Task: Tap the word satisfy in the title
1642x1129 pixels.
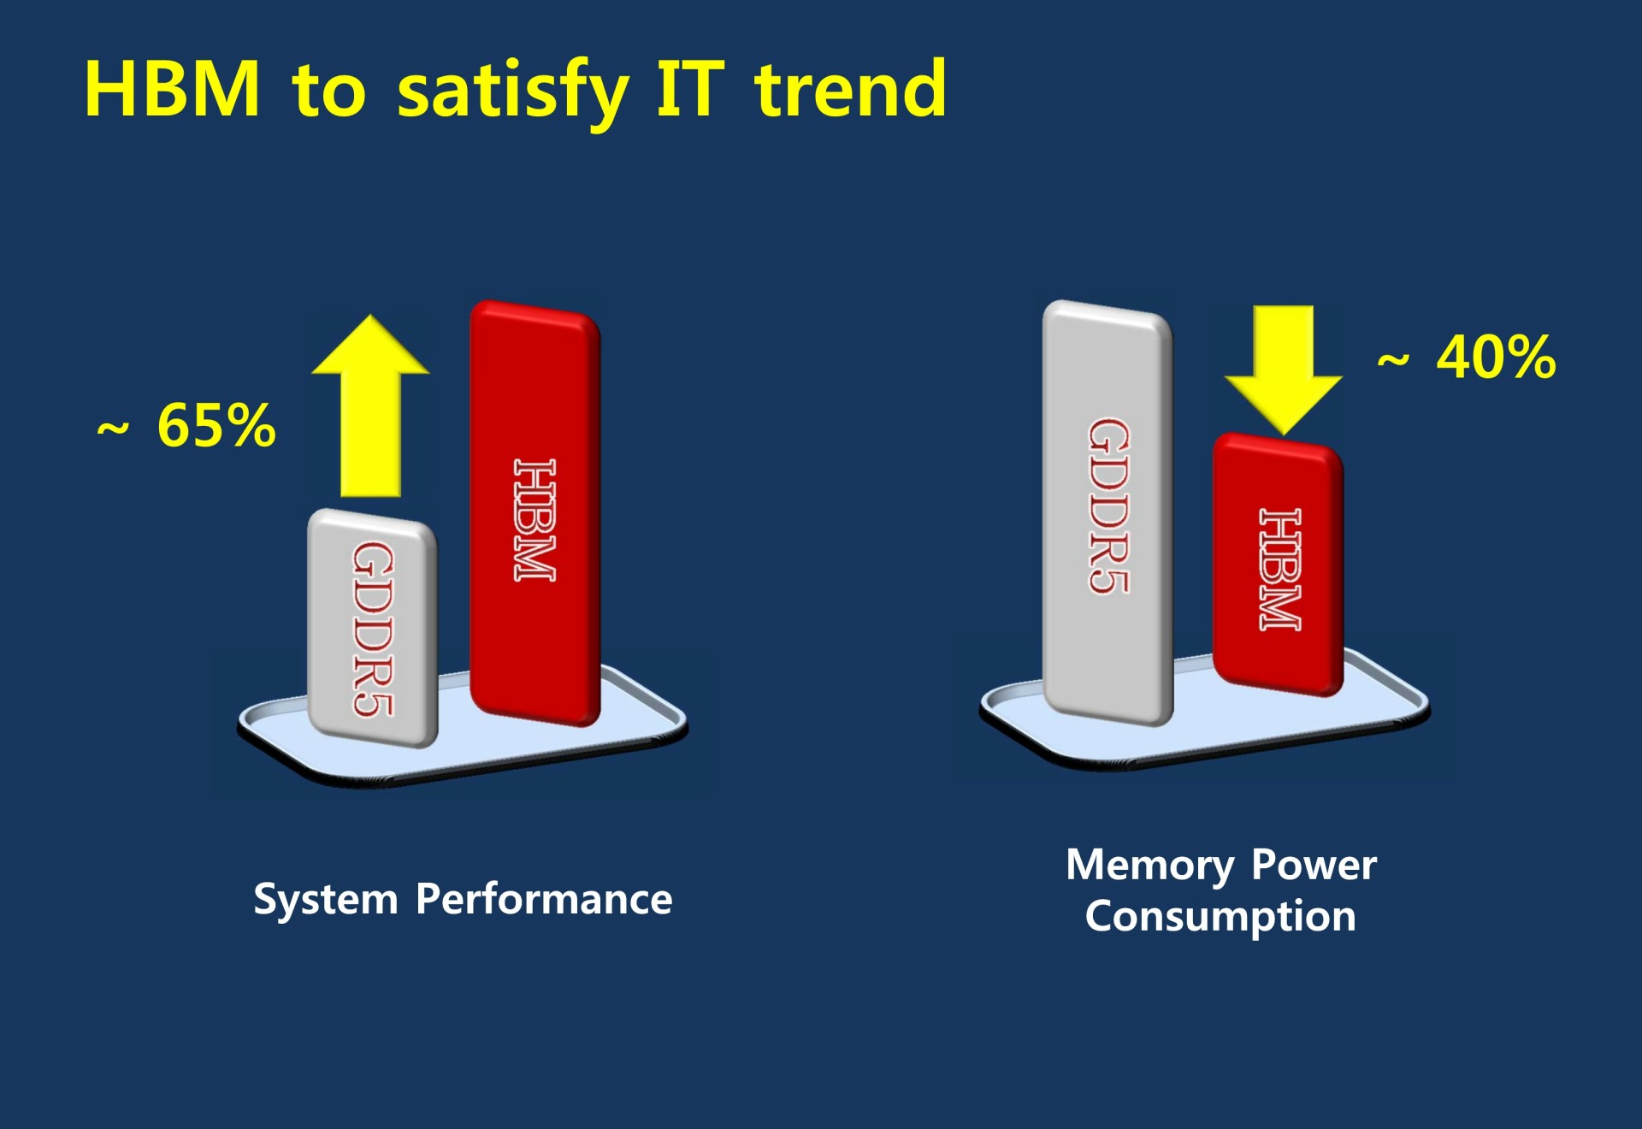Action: tap(513, 92)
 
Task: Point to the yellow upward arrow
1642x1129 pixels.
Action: tap(370, 405)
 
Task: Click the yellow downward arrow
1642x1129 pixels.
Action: tap(1283, 369)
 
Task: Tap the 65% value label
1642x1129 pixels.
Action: tap(216, 425)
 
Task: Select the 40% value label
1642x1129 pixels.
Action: tap(1497, 357)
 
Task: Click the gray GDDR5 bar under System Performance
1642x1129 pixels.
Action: tap(373, 628)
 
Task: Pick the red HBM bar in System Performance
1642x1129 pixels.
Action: tap(535, 513)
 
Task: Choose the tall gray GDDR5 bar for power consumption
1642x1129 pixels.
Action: tap(1107, 513)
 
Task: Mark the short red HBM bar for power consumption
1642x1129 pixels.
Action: tap(1278, 564)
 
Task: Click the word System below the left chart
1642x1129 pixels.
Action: tap(326, 901)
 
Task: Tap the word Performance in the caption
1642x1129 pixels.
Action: tap(544, 900)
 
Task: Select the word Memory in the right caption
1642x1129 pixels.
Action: tap(1149, 866)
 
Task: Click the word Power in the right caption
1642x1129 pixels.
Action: tap(1314, 865)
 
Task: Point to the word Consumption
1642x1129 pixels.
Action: tap(1220, 917)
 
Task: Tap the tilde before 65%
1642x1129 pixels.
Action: tap(113, 428)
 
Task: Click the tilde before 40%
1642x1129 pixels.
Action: tap(1393, 360)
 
